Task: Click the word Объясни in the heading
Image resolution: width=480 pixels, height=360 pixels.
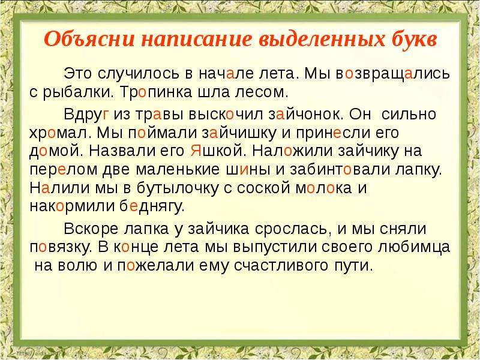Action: tap(89, 39)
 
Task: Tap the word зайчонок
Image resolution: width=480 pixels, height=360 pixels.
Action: tap(307, 115)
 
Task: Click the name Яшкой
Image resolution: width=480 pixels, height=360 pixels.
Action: tap(218, 151)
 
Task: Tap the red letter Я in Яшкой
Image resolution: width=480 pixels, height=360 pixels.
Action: tap(196, 151)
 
